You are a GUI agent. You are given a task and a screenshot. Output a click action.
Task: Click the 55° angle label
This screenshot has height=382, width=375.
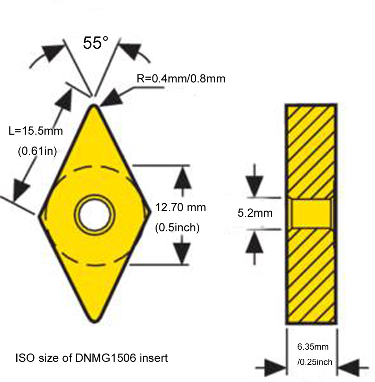click(95, 43)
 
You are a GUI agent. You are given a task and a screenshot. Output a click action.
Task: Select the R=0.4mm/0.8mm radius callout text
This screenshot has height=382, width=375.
click(181, 79)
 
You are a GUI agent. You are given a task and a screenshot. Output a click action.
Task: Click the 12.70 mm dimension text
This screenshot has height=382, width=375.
click(180, 208)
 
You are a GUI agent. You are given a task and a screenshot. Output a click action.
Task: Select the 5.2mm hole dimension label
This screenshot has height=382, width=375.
click(255, 213)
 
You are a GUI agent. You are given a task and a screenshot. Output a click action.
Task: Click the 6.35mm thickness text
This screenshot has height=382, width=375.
click(312, 347)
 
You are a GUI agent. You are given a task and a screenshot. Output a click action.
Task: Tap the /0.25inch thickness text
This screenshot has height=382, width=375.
click(315, 362)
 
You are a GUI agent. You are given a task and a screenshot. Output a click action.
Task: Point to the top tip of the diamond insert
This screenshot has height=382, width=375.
click(94, 106)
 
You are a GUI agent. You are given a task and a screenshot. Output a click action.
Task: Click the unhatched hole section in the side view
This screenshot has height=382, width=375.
click(311, 213)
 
